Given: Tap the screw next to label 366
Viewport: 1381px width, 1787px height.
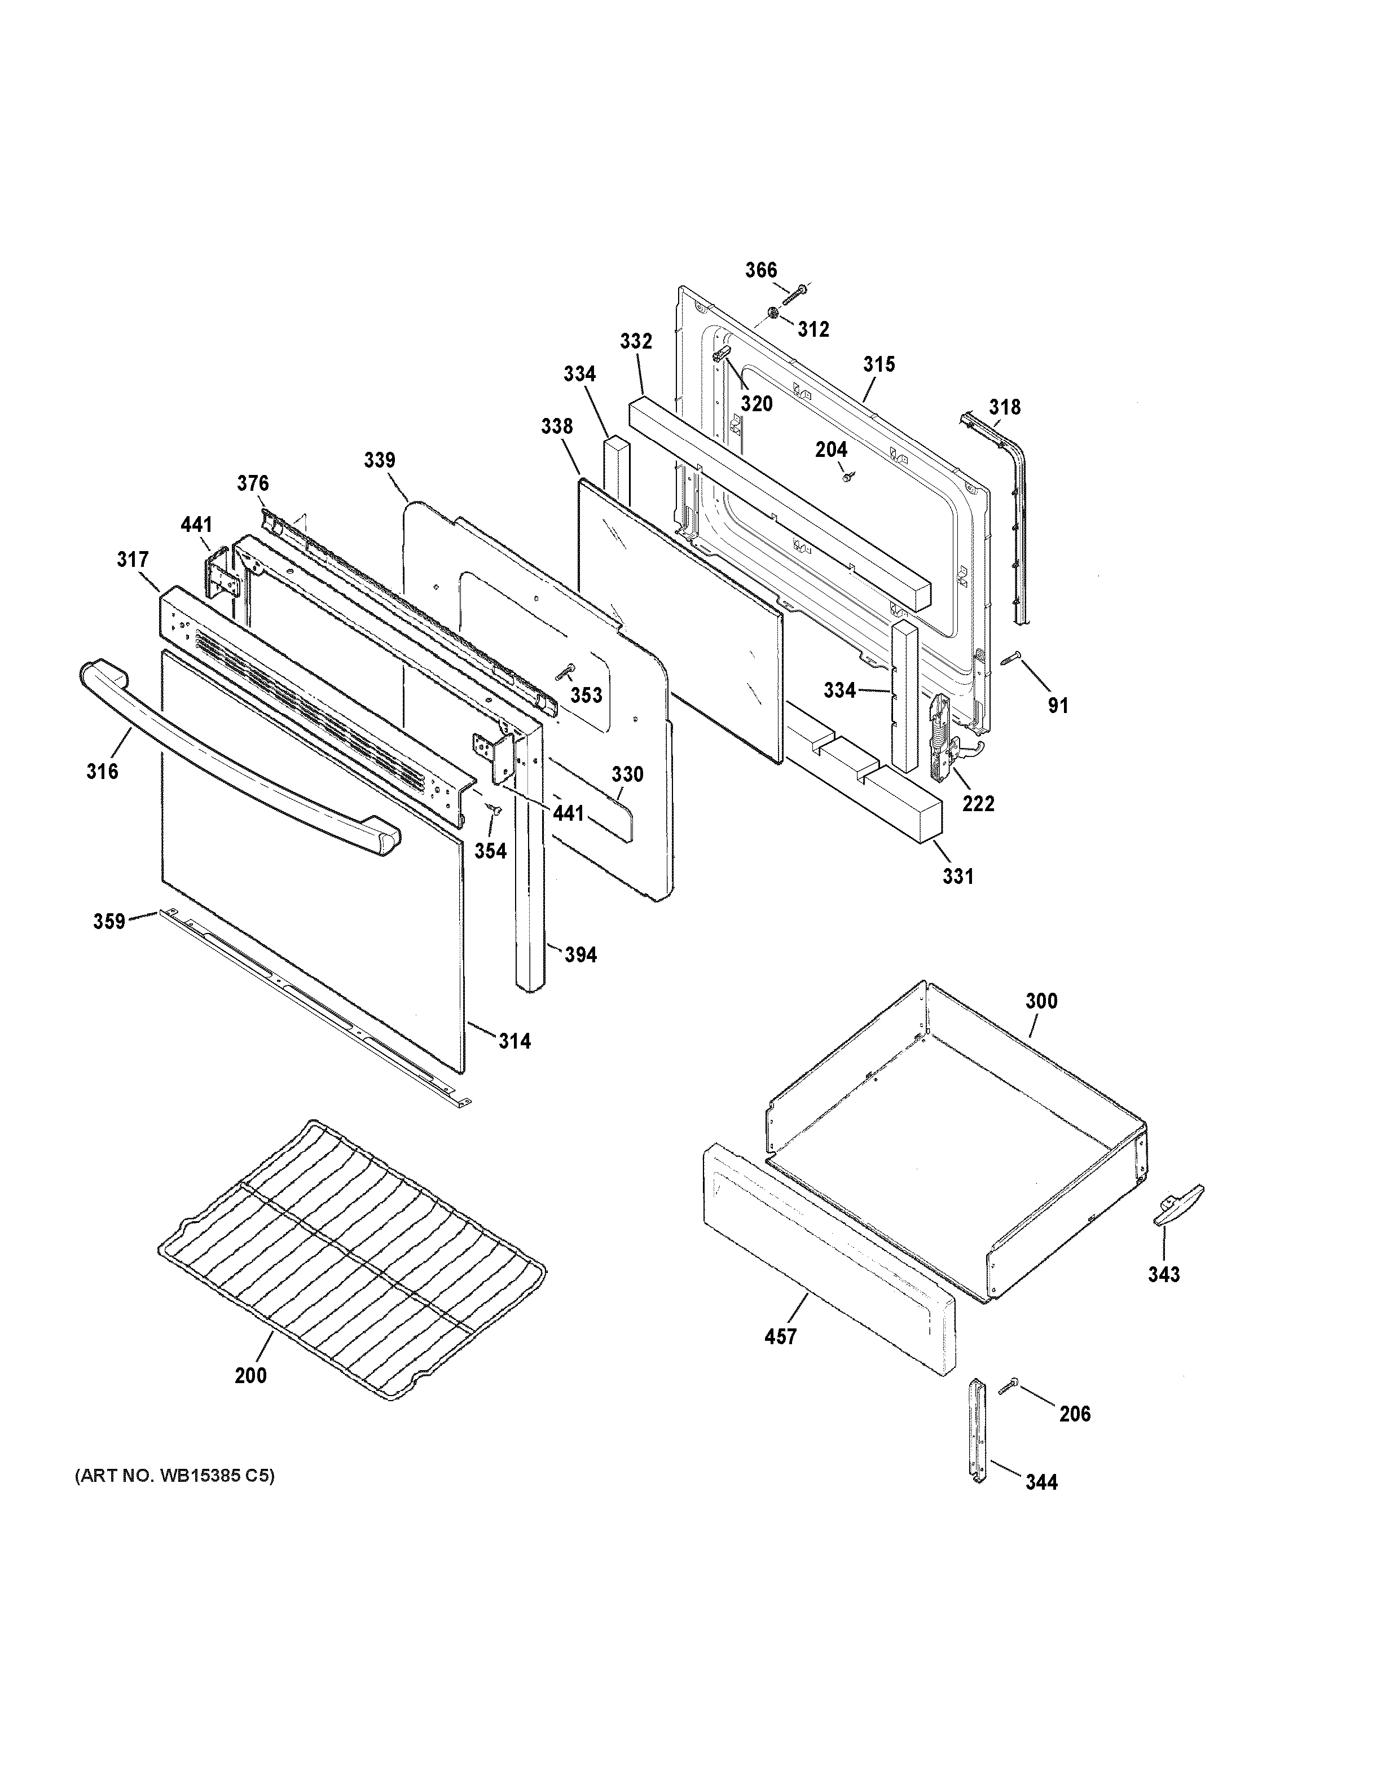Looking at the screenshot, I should [x=794, y=294].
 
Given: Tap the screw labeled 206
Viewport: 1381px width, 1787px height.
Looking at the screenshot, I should [x=1008, y=1385].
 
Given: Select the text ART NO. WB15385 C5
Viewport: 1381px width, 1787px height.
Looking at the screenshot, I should [x=175, y=1476].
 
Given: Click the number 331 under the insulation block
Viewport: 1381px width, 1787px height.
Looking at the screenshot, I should [x=957, y=877].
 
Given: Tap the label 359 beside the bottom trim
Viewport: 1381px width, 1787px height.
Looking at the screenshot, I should [x=109, y=921].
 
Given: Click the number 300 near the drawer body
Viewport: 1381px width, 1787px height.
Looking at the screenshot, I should [x=1041, y=1001].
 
